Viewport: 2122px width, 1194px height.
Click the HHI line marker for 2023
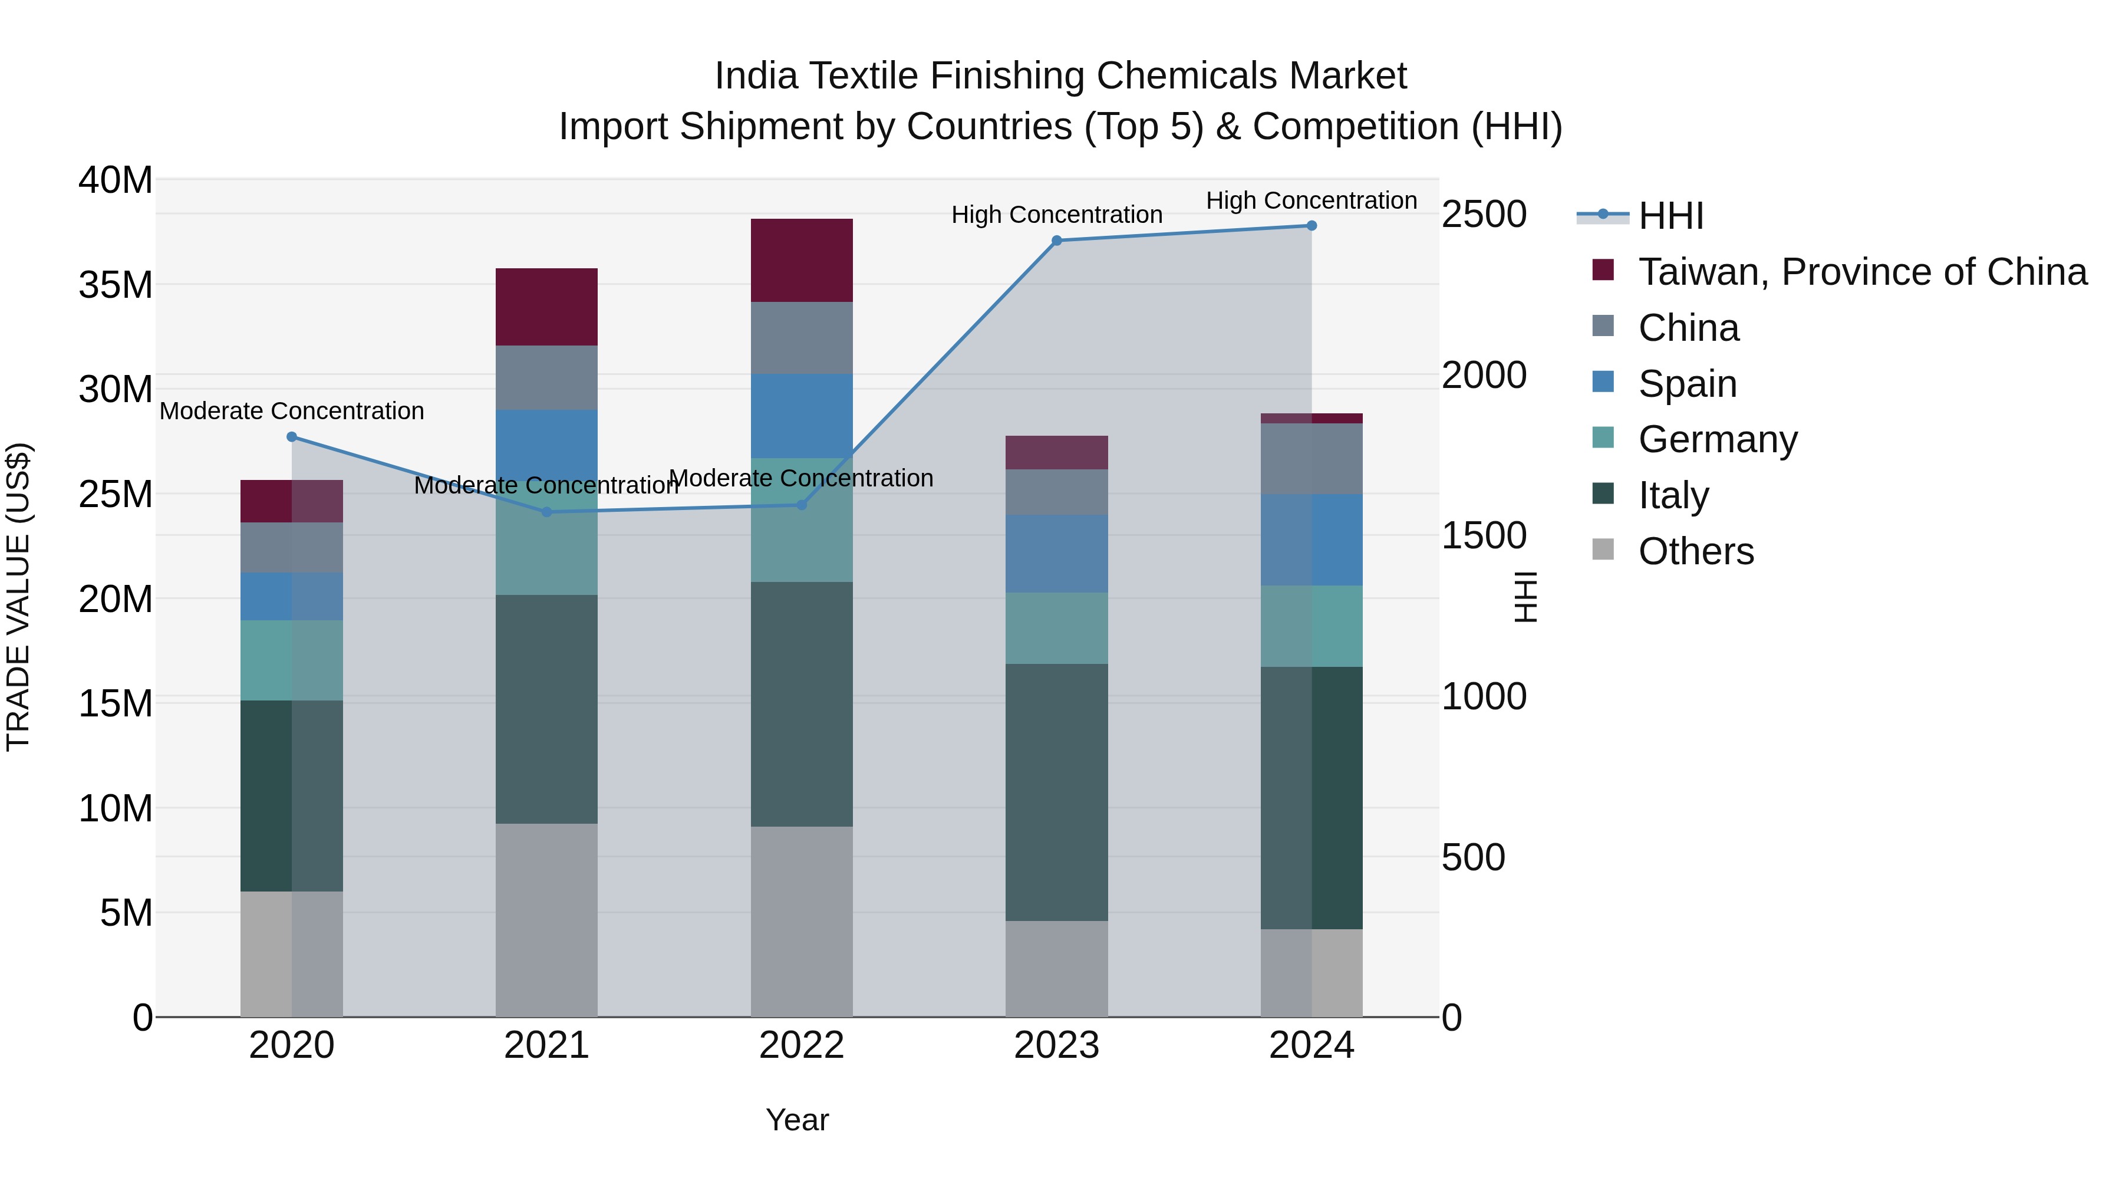click(x=1057, y=241)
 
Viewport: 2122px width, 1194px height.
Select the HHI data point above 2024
click(x=1312, y=226)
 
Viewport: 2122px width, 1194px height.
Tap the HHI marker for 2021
click(x=547, y=512)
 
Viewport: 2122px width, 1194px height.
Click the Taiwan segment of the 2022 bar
click(x=802, y=261)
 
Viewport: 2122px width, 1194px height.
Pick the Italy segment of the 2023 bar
click(x=1057, y=792)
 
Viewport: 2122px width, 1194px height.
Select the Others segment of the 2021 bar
click(x=547, y=920)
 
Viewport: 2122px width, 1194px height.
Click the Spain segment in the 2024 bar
click(x=1312, y=540)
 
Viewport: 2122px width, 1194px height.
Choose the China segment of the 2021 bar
click(x=547, y=377)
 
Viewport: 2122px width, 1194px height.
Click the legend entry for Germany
click(x=1718, y=439)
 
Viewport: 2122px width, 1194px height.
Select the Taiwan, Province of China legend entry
click(x=1861, y=272)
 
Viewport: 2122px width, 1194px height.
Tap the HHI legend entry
click(x=1670, y=216)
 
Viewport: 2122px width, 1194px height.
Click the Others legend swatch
click(x=1603, y=550)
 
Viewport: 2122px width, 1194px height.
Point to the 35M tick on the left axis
click(x=116, y=285)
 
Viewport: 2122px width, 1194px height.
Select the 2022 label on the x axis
click(x=802, y=1045)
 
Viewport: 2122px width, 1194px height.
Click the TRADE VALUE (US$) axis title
click(x=18, y=597)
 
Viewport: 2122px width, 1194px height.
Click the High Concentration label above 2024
click(x=1312, y=200)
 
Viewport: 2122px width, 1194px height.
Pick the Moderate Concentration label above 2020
click(x=292, y=410)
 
